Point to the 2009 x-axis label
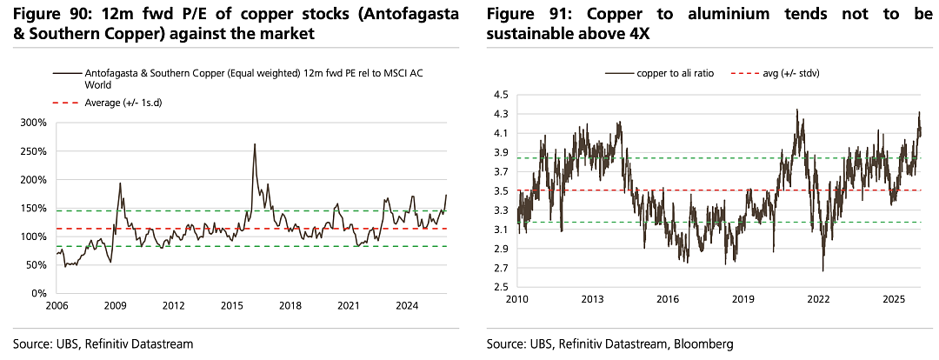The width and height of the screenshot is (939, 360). point(115,306)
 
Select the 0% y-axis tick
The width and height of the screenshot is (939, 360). point(39,294)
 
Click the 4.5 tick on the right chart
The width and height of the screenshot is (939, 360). point(502,95)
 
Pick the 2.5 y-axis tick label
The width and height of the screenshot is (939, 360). point(502,287)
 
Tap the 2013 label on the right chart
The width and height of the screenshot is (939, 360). point(592,297)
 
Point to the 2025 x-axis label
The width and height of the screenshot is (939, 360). point(894,297)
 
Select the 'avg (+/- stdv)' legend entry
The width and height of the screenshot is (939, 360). point(776,74)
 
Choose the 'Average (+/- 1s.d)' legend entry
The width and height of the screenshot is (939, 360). point(109,103)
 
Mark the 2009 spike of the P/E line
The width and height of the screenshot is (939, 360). point(120,183)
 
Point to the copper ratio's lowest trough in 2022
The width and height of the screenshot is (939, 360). point(822,271)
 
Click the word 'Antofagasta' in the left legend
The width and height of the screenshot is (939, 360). point(108,72)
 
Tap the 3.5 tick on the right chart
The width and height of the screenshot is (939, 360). point(502,191)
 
